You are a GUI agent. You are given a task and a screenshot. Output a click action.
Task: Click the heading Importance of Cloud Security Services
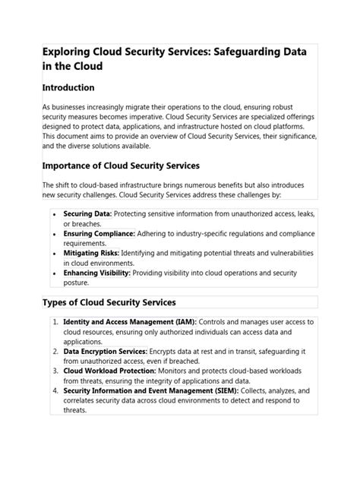pyautogui.click(x=120, y=165)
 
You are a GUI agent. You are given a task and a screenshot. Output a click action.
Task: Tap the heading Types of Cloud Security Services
pyautogui.click(x=109, y=302)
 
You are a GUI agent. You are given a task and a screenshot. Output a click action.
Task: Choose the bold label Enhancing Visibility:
pyautogui.click(x=97, y=272)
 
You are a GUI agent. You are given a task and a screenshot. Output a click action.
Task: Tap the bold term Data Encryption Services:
pyautogui.click(x=106, y=352)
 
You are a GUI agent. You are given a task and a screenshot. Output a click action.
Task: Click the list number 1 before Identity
pyautogui.click(x=55, y=322)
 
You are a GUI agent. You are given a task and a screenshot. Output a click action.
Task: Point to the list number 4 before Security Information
pyautogui.click(x=55, y=390)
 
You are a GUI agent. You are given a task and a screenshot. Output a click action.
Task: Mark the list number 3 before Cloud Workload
pyautogui.click(x=55, y=371)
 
